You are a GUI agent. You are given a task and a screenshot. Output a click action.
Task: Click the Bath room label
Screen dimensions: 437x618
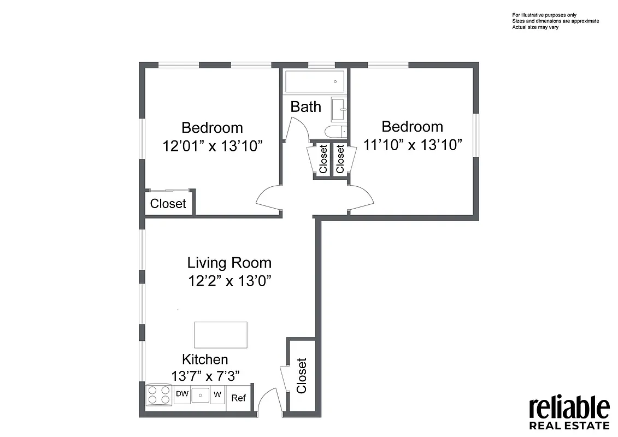(305, 107)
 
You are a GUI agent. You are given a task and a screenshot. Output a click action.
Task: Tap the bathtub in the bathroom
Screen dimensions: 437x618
(315, 82)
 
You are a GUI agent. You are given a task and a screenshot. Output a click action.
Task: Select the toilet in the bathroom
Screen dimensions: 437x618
(333, 131)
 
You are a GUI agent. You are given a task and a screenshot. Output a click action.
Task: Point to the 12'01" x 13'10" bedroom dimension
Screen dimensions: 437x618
(213, 146)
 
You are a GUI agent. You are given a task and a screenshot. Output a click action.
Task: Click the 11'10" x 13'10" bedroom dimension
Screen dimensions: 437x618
(413, 145)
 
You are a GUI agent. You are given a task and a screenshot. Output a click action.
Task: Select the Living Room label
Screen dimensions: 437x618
(229, 263)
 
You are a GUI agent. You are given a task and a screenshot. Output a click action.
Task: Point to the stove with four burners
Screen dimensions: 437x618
(159, 395)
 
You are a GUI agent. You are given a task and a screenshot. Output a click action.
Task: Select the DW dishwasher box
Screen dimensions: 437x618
(182, 394)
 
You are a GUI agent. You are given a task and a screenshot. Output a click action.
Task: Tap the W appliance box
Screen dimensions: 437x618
(217, 394)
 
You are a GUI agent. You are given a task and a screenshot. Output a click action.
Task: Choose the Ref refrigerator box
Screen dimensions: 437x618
(238, 398)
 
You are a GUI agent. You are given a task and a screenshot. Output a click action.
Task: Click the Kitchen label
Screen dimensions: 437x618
(205, 359)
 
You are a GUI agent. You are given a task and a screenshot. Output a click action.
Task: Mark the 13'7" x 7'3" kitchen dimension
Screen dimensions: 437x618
(205, 376)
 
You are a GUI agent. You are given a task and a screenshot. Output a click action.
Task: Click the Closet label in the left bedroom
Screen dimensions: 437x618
(168, 204)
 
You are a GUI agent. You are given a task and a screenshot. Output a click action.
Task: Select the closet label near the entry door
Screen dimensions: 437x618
(302, 376)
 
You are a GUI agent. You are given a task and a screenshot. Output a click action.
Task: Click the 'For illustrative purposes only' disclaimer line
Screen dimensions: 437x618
(544, 15)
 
